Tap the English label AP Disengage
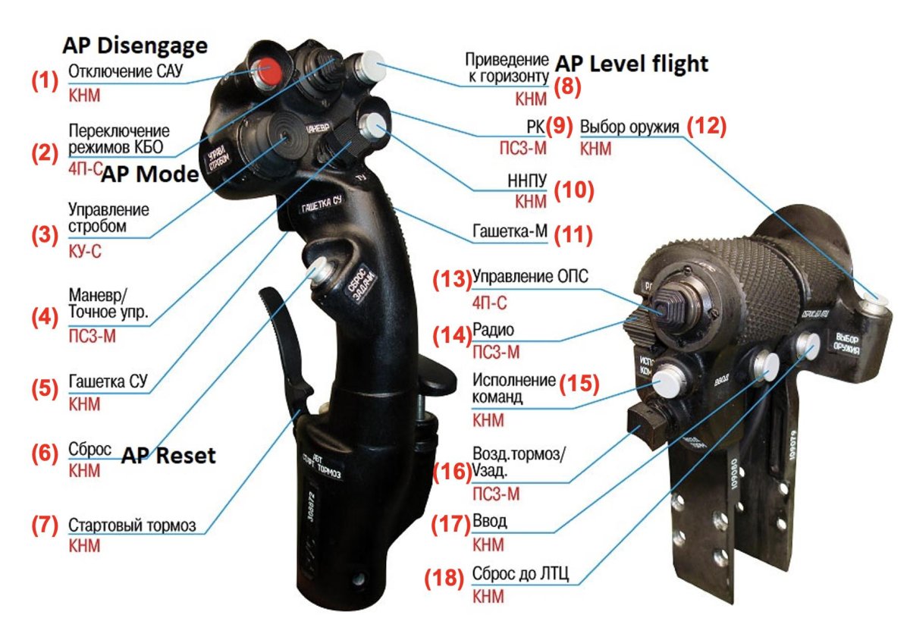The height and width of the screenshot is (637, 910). point(134,46)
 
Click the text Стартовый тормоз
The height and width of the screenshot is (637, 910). point(132,526)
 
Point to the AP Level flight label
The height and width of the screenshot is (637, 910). point(632,64)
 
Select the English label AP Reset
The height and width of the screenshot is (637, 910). point(169,456)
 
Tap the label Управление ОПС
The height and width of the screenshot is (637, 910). point(530,275)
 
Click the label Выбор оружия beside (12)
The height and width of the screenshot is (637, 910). point(629,126)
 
